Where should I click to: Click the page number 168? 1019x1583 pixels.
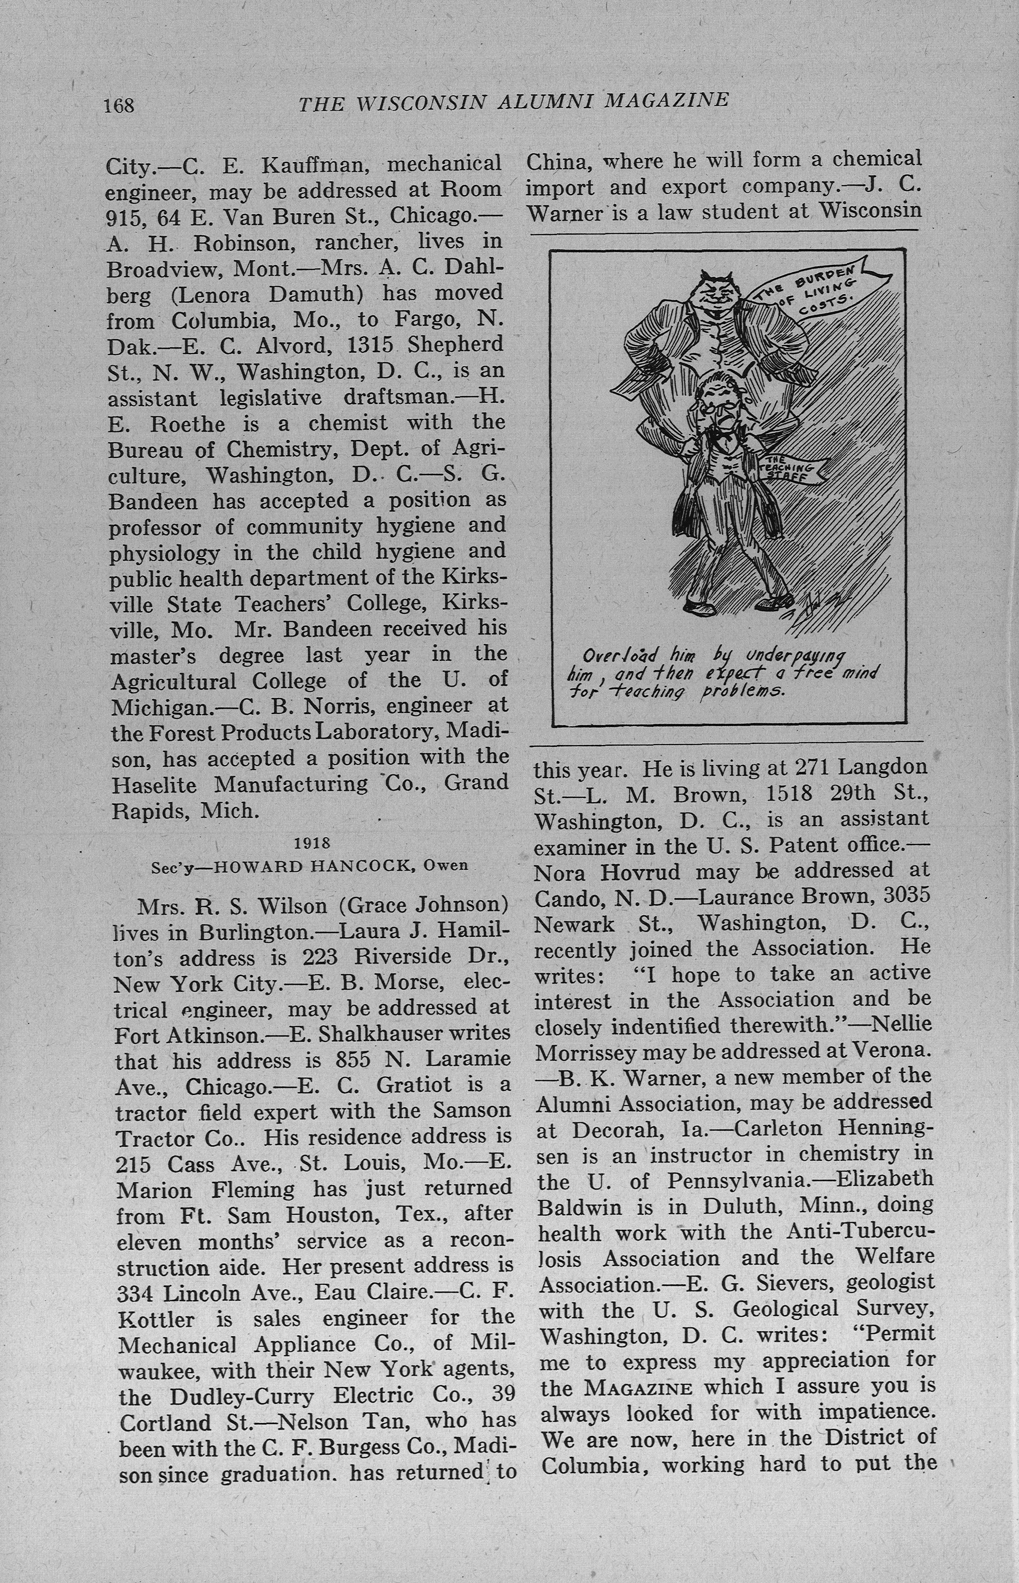click(119, 105)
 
